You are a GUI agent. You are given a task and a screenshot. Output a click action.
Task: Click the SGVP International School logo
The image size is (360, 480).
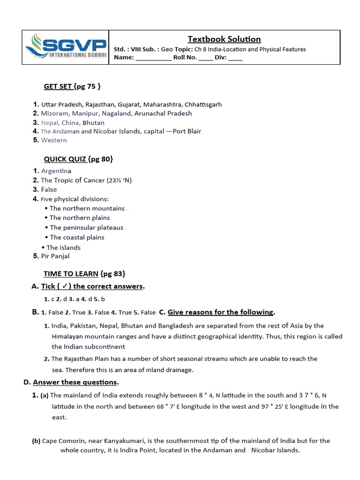(x=66, y=47)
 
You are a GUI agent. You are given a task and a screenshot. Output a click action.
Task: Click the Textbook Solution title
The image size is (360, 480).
(x=224, y=39)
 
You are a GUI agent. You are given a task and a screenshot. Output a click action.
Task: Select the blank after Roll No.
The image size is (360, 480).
(x=205, y=58)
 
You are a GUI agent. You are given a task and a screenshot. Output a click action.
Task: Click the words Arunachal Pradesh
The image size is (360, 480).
(x=163, y=113)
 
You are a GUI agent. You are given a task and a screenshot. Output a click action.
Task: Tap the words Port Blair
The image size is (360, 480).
(x=187, y=131)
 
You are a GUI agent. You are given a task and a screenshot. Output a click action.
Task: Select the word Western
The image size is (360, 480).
(x=54, y=140)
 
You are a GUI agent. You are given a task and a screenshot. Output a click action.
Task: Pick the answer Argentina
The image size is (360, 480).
(x=56, y=172)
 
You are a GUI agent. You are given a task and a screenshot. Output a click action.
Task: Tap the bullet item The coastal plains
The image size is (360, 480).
(x=77, y=238)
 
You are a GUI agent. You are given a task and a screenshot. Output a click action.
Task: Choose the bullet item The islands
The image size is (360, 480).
(x=63, y=247)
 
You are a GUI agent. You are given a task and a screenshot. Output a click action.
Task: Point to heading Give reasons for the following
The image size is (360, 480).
(x=220, y=312)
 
